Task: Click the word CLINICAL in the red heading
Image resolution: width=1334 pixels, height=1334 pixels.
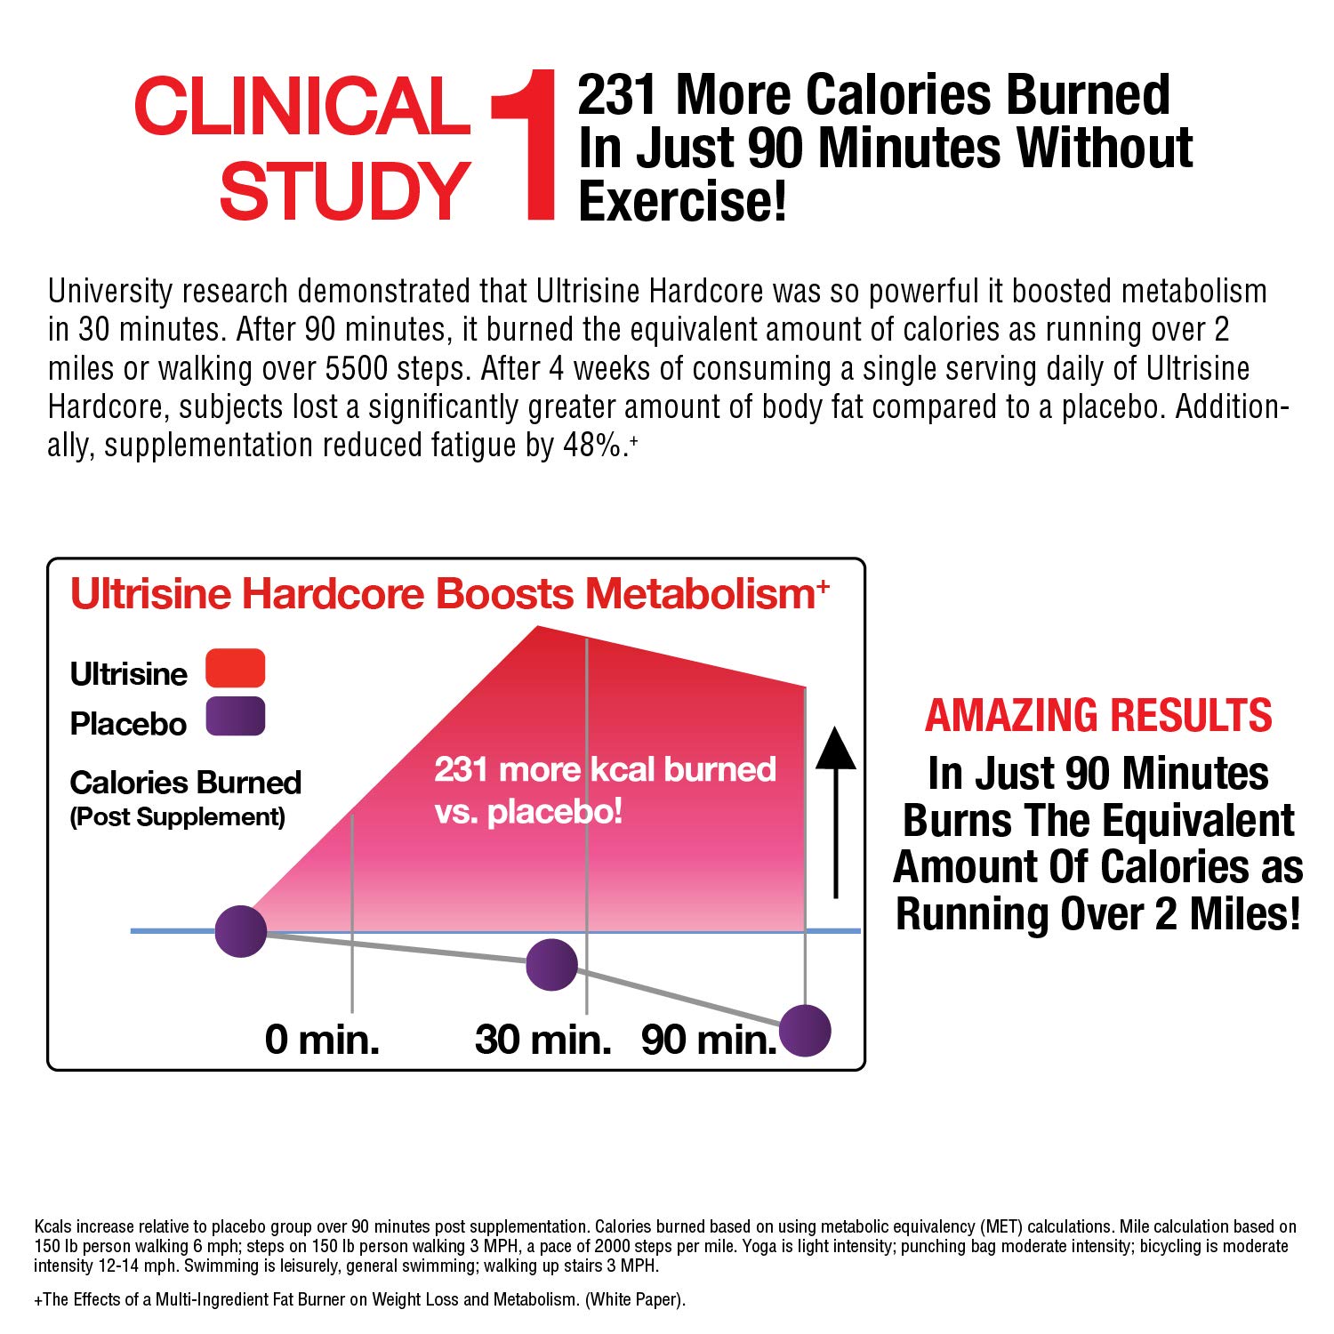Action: (301, 107)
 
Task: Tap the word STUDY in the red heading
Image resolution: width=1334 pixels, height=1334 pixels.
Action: (344, 191)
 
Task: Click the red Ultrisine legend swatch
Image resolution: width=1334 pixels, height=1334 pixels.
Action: (235, 668)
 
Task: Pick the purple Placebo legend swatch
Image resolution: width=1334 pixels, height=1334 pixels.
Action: (235, 717)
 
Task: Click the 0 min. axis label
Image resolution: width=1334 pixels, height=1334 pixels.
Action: (322, 1040)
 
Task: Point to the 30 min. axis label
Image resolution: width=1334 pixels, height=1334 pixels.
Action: (542, 1040)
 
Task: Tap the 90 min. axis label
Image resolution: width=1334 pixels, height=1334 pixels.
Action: (709, 1040)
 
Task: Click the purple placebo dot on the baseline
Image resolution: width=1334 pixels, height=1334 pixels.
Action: (241, 931)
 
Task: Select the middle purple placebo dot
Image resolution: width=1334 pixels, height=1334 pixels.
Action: (551, 965)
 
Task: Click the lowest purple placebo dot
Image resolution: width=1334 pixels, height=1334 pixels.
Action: (805, 1031)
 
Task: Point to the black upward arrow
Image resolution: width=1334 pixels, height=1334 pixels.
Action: (835, 809)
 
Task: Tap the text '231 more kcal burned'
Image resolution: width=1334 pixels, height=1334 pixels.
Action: (605, 769)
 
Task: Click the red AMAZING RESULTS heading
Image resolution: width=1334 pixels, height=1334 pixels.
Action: (1098, 716)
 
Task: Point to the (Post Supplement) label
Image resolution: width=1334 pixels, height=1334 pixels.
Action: (178, 817)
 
